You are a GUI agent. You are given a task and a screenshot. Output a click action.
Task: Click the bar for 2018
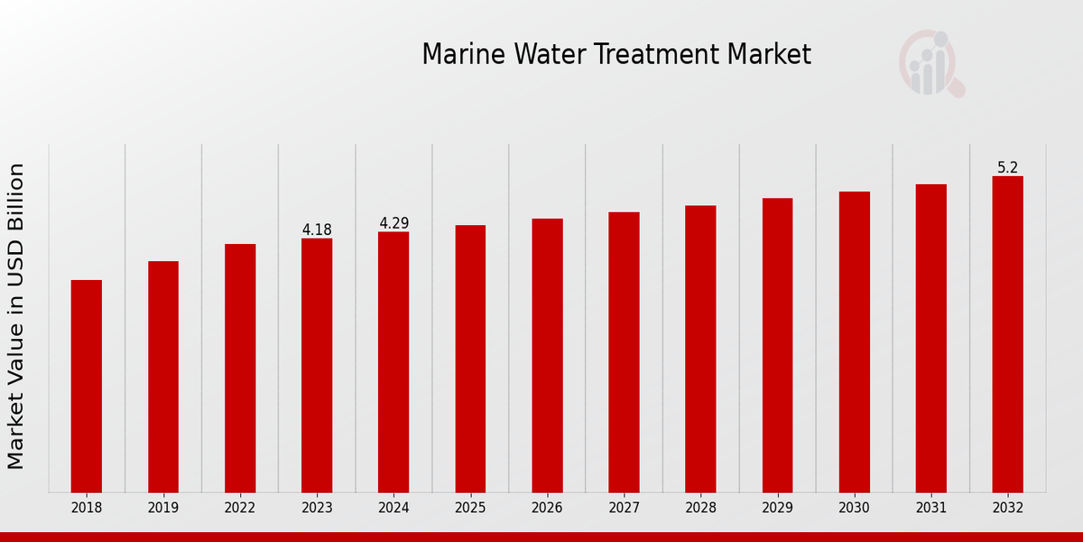click(87, 386)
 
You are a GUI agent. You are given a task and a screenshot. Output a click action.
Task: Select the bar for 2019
click(163, 377)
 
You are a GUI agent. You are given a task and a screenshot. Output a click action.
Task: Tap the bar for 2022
click(240, 368)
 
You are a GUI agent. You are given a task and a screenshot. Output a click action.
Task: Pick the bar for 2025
click(470, 359)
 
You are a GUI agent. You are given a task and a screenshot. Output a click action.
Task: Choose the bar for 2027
click(624, 352)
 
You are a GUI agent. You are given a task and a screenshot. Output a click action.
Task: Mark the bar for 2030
click(855, 341)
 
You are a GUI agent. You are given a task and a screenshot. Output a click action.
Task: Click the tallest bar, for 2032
click(1008, 334)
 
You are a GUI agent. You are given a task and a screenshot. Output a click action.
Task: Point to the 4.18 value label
click(317, 230)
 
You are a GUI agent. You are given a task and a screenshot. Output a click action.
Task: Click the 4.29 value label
click(393, 223)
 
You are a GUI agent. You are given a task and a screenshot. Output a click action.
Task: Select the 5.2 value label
click(1008, 168)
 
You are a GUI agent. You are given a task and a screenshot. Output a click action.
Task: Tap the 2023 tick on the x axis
click(317, 509)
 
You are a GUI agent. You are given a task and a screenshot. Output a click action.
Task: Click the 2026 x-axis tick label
click(547, 509)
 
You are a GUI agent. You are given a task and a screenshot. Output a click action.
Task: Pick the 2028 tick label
click(700, 509)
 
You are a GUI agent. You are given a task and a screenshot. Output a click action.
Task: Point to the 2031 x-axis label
click(931, 509)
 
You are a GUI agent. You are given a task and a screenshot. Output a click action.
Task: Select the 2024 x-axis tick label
click(393, 509)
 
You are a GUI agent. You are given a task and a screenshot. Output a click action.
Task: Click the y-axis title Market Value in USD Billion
click(16, 316)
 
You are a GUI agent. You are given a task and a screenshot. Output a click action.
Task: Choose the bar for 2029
click(777, 345)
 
